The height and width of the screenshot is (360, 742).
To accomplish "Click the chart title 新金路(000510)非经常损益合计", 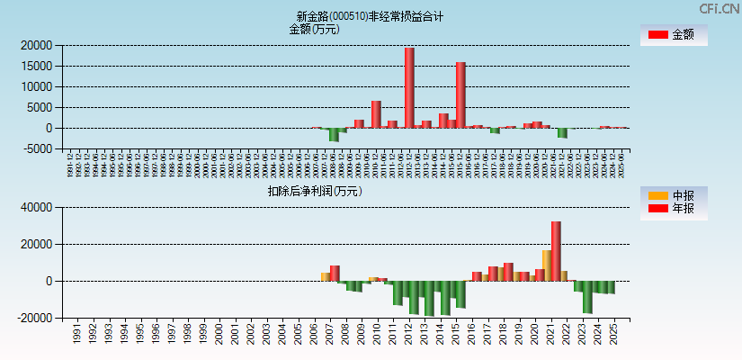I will click(370, 16).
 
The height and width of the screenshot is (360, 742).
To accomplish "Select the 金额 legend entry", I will click(674, 35).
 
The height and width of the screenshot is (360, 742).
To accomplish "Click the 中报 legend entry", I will click(674, 195).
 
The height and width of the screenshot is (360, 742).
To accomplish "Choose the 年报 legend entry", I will click(674, 210).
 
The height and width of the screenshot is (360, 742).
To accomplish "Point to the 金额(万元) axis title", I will click(314, 29).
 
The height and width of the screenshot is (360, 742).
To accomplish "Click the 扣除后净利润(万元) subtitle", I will click(314, 191).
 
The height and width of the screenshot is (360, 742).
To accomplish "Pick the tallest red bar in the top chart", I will click(409, 87).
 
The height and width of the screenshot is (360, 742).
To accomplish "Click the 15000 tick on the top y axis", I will click(36, 66).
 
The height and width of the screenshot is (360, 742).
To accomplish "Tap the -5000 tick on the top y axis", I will click(36, 149).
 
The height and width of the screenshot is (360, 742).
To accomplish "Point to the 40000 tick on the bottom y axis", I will click(36, 208).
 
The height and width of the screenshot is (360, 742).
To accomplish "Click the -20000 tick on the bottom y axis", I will click(34, 319).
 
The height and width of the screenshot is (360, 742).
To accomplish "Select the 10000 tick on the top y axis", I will click(36, 86).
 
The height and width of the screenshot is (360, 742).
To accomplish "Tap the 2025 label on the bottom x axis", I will click(613, 335).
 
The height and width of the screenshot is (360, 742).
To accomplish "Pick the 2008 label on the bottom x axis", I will click(345, 335).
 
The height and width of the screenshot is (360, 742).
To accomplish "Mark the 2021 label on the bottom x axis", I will click(550, 335).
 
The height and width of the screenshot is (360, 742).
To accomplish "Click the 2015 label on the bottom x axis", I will click(456, 335).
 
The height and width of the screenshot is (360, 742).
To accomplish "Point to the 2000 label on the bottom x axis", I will click(218, 335).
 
